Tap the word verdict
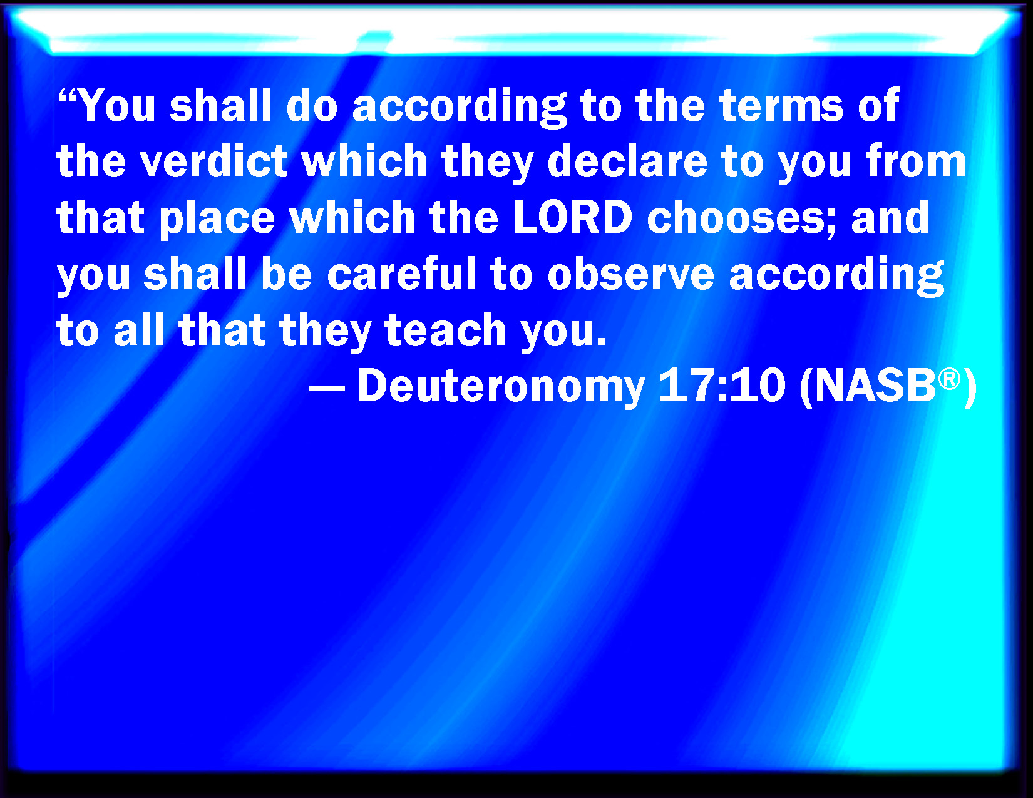click(x=213, y=161)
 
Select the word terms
click(x=782, y=106)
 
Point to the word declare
click(x=627, y=161)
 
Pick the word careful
click(x=402, y=273)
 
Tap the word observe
click(x=631, y=273)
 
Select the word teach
click(x=445, y=329)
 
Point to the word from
click(x=916, y=161)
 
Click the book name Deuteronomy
click(x=501, y=387)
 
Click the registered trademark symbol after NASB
click(x=949, y=380)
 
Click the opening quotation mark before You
click(x=68, y=96)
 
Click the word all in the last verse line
click(x=139, y=329)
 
